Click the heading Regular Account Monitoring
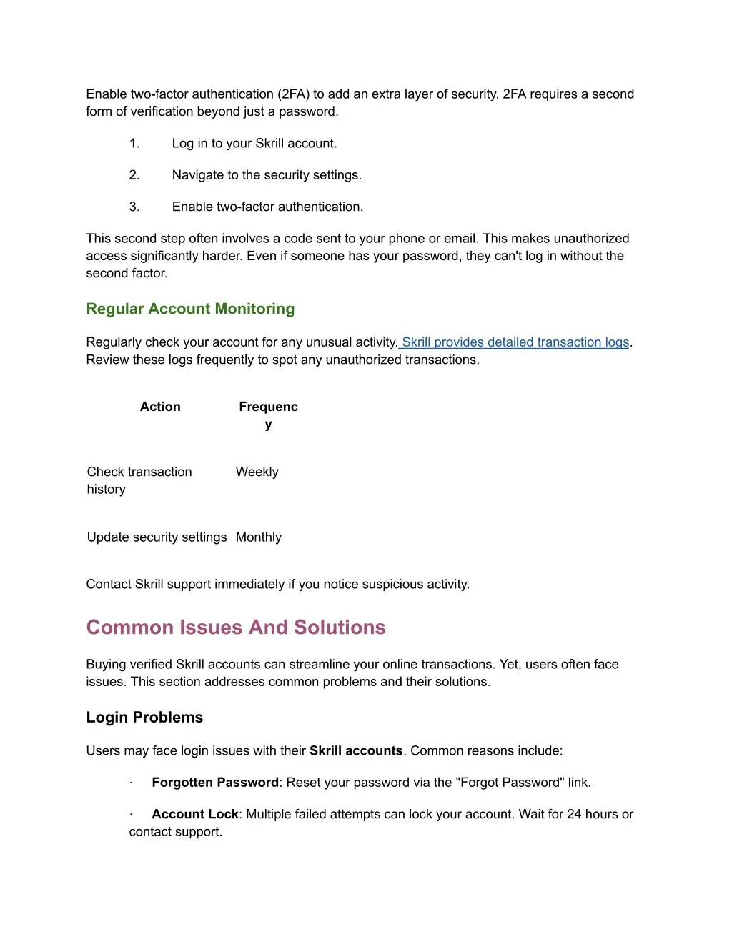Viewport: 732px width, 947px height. pyautogui.click(x=190, y=309)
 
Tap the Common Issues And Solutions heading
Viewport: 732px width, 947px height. pyautogui.click(x=236, y=628)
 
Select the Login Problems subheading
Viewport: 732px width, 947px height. pyautogui.click(x=144, y=718)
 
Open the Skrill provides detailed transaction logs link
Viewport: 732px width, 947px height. pyautogui.click(x=515, y=342)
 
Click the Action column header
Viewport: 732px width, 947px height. pyautogui.click(x=160, y=407)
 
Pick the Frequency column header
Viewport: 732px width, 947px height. pyautogui.click(x=268, y=415)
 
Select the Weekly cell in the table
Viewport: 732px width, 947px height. pyautogui.click(x=257, y=472)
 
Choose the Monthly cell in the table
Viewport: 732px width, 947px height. pyautogui.click(x=258, y=537)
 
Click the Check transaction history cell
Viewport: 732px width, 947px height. pyautogui.click(x=139, y=480)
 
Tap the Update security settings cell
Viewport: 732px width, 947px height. pyautogui.click(x=157, y=537)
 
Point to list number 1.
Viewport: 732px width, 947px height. pyautogui.click(x=134, y=144)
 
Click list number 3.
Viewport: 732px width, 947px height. pyautogui.click(x=134, y=207)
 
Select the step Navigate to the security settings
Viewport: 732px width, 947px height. pyautogui.click(x=267, y=175)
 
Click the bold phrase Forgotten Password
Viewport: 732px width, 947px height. pyautogui.click(x=215, y=783)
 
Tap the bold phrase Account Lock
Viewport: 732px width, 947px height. pyautogui.click(x=195, y=815)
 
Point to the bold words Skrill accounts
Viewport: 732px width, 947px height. pyautogui.click(x=356, y=751)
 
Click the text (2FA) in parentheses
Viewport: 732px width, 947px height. pyautogui.click(x=293, y=94)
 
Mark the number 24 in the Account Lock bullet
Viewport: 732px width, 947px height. pyautogui.click(x=575, y=815)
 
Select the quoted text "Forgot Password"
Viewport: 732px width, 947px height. pyautogui.click(x=510, y=783)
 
